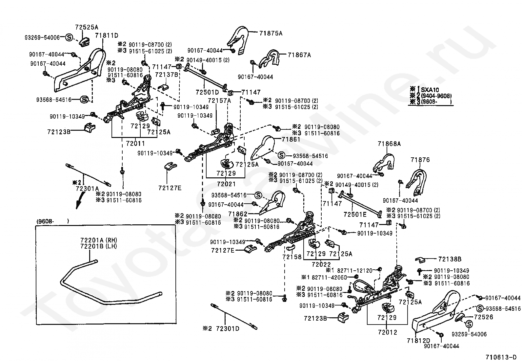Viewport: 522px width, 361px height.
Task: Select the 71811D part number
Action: (x=107, y=35)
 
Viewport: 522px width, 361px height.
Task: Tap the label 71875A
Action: (x=271, y=33)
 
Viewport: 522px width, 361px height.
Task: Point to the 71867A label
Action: (x=299, y=55)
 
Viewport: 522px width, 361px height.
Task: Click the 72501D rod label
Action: (x=207, y=92)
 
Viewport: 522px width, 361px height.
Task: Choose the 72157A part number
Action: (x=219, y=100)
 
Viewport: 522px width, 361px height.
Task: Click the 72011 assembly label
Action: (x=135, y=143)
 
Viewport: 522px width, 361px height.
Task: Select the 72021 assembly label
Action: (x=226, y=184)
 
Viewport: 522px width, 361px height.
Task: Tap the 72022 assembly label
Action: (x=321, y=264)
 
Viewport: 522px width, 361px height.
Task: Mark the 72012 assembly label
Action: (x=387, y=332)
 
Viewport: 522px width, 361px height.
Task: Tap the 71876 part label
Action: (x=420, y=160)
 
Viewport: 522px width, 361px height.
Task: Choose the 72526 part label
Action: (x=484, y=317)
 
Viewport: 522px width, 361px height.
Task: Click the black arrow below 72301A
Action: (x=79, y=201)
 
